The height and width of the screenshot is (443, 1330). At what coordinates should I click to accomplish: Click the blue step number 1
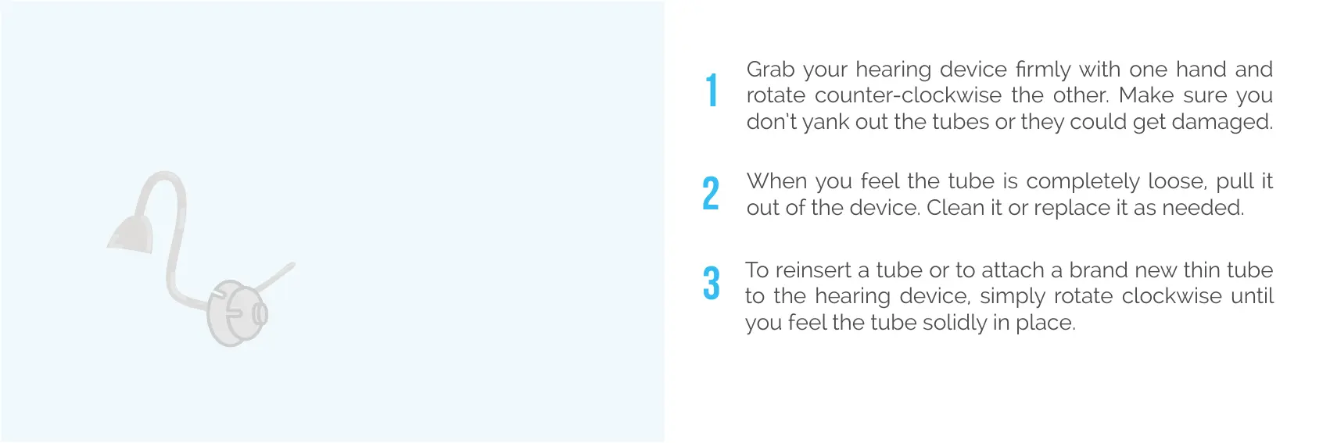(x=712, y=90)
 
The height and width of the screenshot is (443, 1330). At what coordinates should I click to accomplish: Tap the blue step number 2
(x=711, y=193)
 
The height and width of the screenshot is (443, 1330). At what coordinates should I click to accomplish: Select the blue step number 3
(x=712, y=282)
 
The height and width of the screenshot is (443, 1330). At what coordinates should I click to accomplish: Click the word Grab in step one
(x=770, y=70)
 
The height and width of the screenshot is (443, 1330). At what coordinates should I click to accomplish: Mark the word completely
(x=1083, y=182)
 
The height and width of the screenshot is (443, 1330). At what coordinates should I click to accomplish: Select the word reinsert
(x=813, y=270)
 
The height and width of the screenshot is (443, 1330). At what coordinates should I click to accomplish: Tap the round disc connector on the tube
(x=236, y=313)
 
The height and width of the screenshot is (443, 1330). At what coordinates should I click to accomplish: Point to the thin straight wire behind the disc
(x=274, y=277)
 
